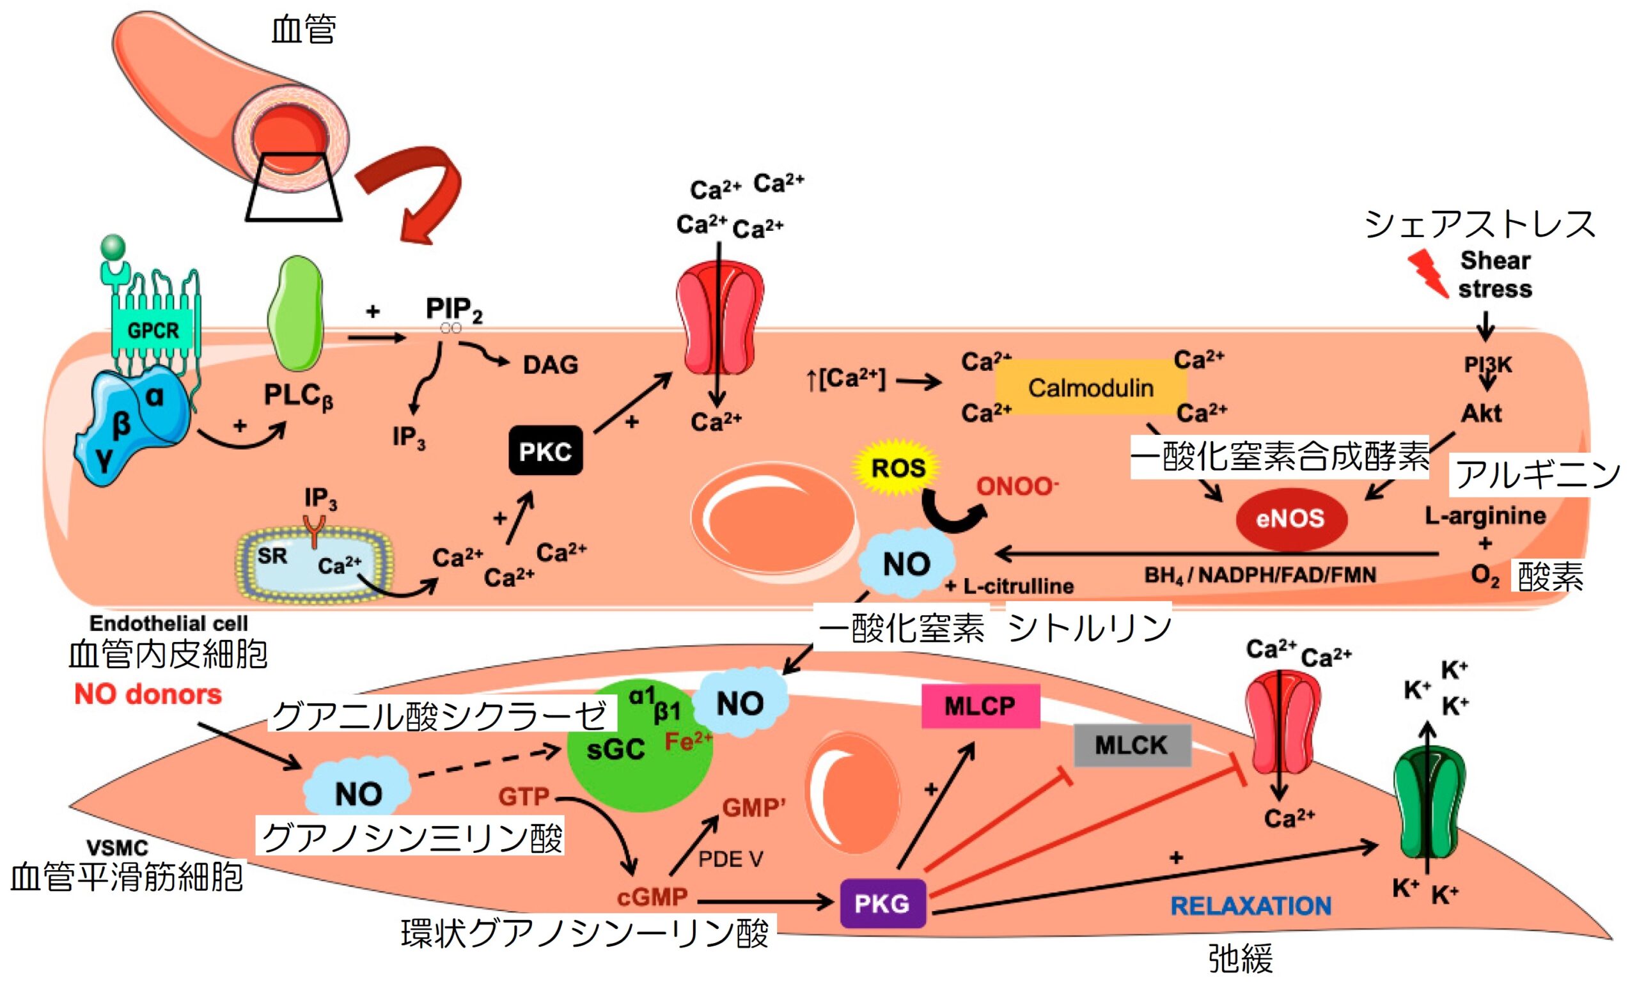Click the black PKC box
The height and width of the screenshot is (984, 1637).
pos(545,451)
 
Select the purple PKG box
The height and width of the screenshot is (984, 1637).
pos(882,903)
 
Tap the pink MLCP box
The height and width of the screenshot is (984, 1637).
pos(980,706)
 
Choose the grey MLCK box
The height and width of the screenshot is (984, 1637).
pos(1131,746)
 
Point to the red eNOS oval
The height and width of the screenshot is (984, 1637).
pos(1290,519)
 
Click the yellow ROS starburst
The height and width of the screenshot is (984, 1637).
pos(898,468)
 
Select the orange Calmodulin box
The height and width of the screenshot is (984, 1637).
pos(1091,388)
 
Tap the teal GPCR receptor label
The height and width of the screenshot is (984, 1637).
pos(153,329)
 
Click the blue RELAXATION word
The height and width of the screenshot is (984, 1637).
pos(1251,906)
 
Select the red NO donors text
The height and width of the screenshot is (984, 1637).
pos(148,694)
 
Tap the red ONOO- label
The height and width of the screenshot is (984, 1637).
pos(1017,487)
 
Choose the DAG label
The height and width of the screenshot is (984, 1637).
pos(551,364)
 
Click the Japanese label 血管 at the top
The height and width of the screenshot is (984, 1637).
pos(304,30)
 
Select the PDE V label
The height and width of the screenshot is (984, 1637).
pos(731,859)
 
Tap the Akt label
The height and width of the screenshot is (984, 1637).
pos(1481,413)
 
